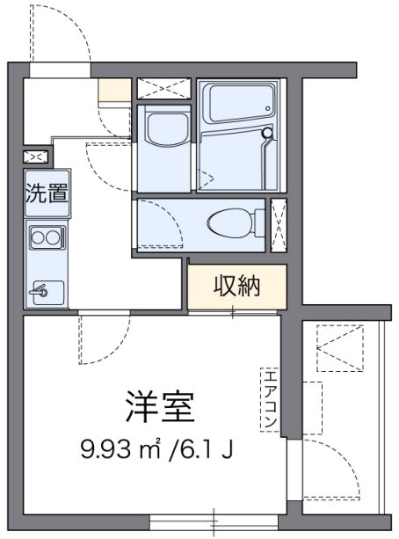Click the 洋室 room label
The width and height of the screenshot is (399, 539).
[160, 407]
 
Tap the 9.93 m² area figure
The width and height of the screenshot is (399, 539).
[121, 449]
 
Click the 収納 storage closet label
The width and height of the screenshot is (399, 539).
[237, 286]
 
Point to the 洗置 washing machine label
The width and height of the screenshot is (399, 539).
[47, 193]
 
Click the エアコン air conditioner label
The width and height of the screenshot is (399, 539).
[271, 399]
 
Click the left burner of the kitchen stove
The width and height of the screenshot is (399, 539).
[39, 237]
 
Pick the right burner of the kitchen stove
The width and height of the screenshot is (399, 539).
[54, 237]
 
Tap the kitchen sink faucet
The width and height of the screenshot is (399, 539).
[39, 291]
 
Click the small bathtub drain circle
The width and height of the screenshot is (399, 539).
[268, 108]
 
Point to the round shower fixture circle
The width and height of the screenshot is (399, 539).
[266, 133]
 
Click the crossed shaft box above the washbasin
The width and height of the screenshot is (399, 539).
[164, 88]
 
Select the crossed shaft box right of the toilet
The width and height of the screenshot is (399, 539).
[279, 225]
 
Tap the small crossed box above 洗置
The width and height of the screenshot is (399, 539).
[36, 157]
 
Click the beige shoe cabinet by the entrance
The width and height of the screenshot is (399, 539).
[115, 90]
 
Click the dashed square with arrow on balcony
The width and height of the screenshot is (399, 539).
[339, 348]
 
